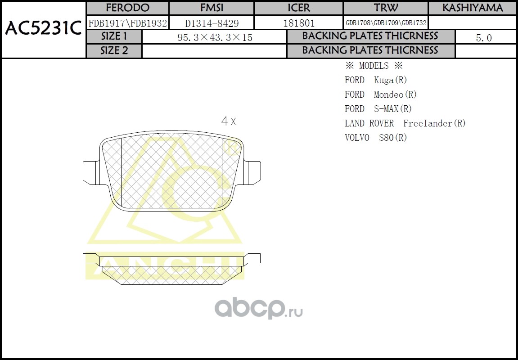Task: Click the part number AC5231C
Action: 43,29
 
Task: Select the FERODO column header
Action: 127,8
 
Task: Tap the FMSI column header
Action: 212,8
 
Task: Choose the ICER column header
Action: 299,8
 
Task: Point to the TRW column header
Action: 386,8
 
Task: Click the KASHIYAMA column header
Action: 473,8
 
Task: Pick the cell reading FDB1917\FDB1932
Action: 127,23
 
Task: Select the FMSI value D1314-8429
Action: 212,23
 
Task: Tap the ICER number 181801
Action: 299,23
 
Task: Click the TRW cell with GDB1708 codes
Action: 386,23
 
